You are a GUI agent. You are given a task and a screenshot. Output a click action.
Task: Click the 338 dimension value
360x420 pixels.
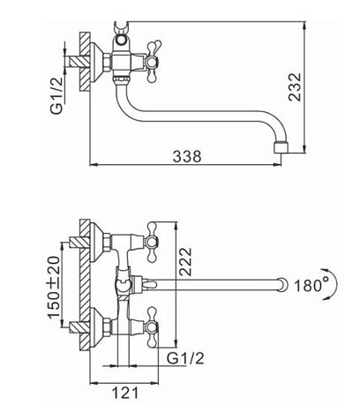[x=187, y=156]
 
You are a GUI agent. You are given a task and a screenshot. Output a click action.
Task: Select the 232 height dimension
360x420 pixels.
[x=295, y=87]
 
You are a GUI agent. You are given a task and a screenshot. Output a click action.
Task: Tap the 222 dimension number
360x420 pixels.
[x=185, y=261]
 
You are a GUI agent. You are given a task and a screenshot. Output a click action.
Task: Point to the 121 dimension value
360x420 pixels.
[x=125, y=393]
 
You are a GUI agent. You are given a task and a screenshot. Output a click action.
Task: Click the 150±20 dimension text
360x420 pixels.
[x=55, y=286]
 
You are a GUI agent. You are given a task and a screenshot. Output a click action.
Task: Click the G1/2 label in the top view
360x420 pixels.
[x=56, y=95]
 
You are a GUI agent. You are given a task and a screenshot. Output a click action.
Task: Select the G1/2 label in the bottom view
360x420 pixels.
[x=185, y=358]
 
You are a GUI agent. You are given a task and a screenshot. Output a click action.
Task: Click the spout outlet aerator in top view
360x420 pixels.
[x=281, y=147]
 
